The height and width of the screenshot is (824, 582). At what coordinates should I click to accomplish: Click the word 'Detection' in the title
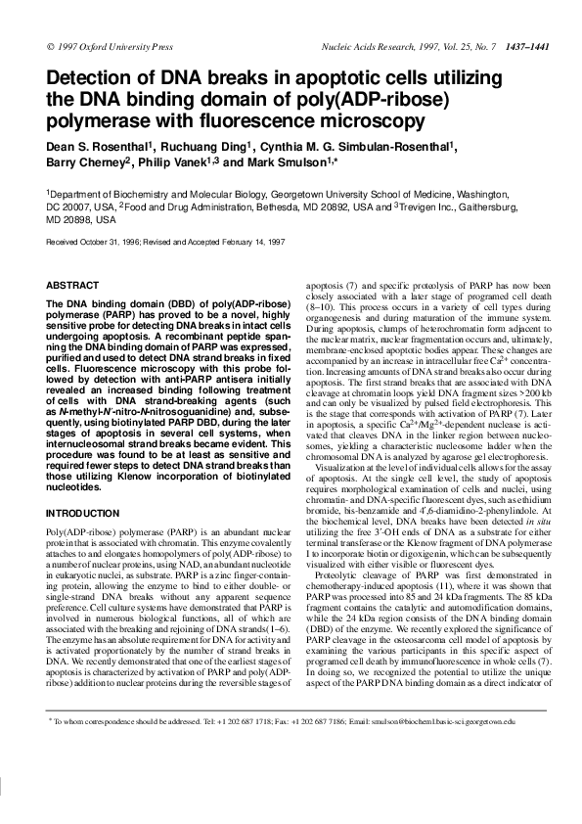coord(92,78)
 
